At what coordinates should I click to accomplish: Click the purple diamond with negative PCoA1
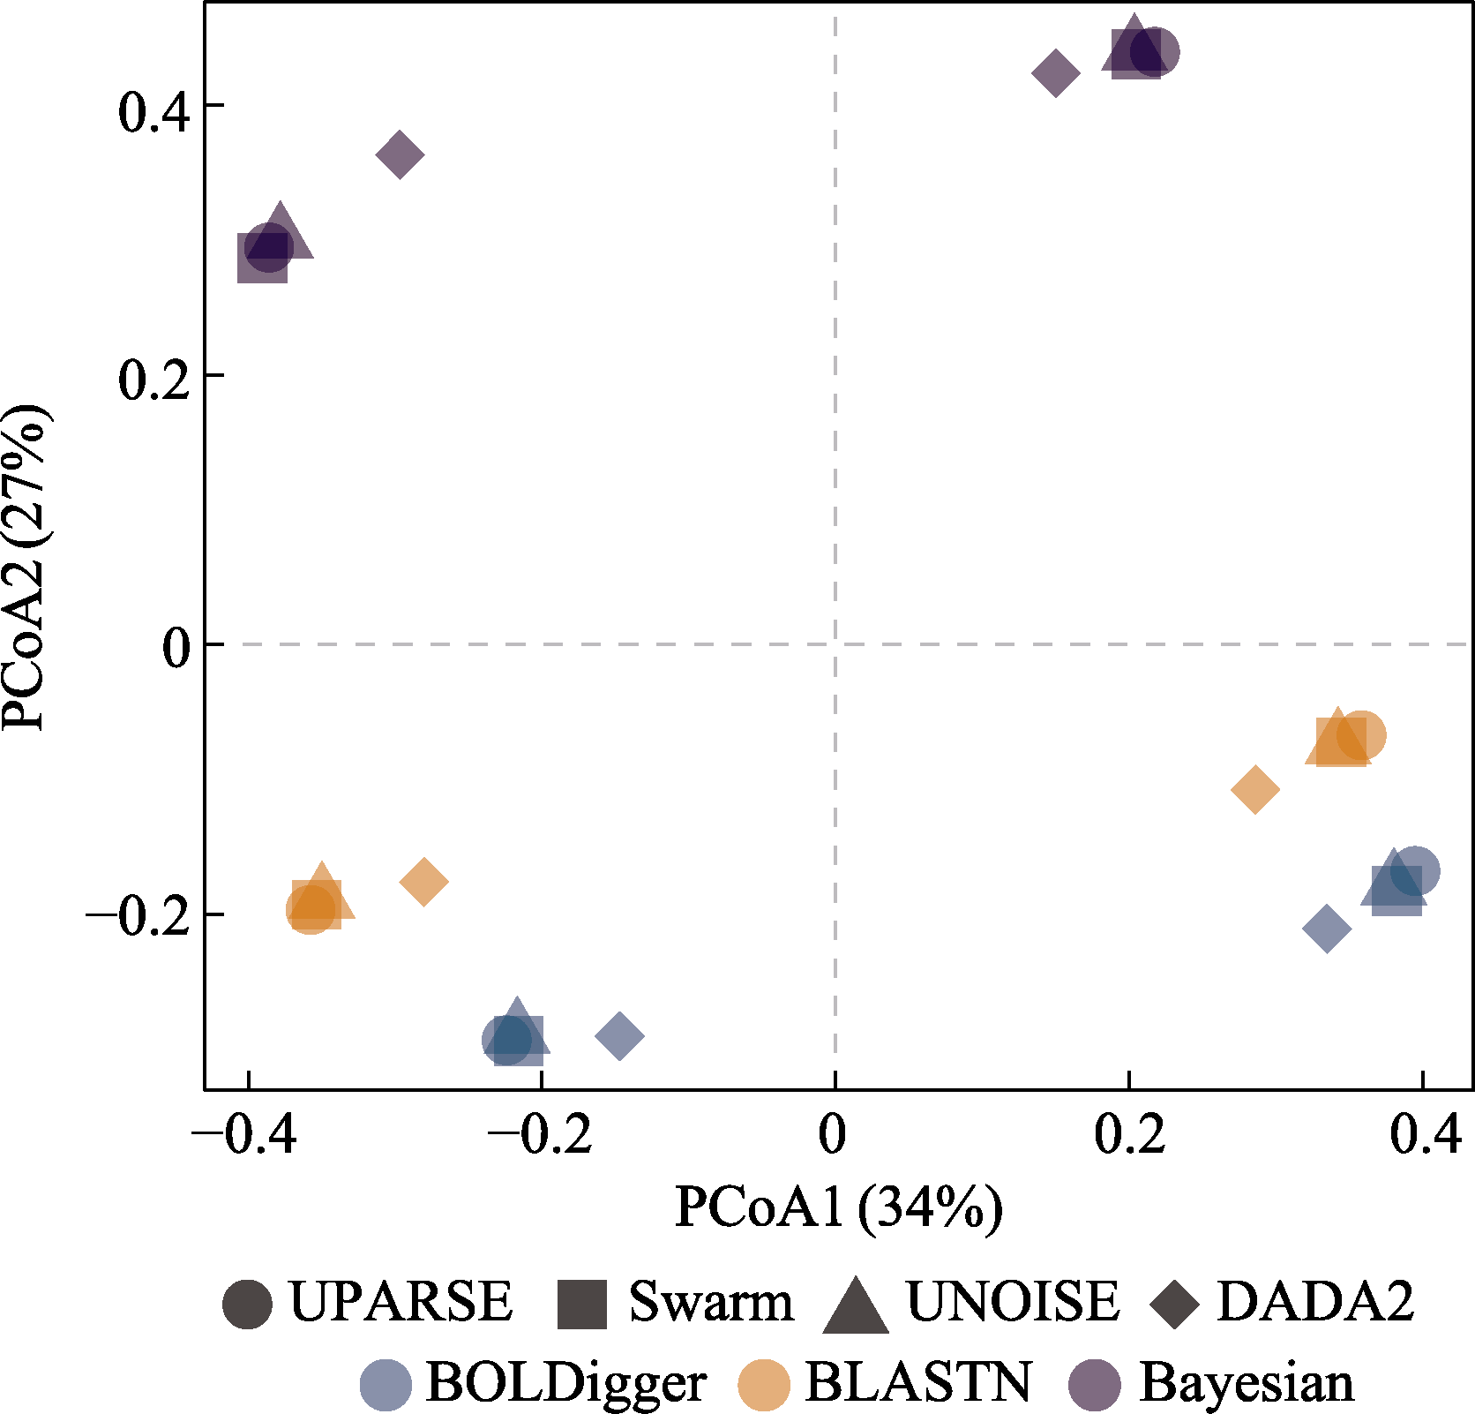[x=400, y=154]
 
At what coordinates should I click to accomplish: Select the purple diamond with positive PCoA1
[x=1055, y=71]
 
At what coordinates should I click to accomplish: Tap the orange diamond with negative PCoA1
[x=424, y=881]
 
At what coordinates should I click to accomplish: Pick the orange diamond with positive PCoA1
[x=1254, y=788]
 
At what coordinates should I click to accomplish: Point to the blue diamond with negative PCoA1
[x=619, y=1035]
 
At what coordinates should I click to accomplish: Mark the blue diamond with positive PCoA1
[x=1326, y=928]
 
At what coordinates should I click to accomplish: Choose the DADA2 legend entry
[x=1284, y=1302]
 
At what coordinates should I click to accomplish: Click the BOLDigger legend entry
[x=534, y=1382]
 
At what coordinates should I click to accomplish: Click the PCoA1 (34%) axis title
[x=838, y=1208]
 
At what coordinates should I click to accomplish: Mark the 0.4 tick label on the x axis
[x=1426, y=1135]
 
